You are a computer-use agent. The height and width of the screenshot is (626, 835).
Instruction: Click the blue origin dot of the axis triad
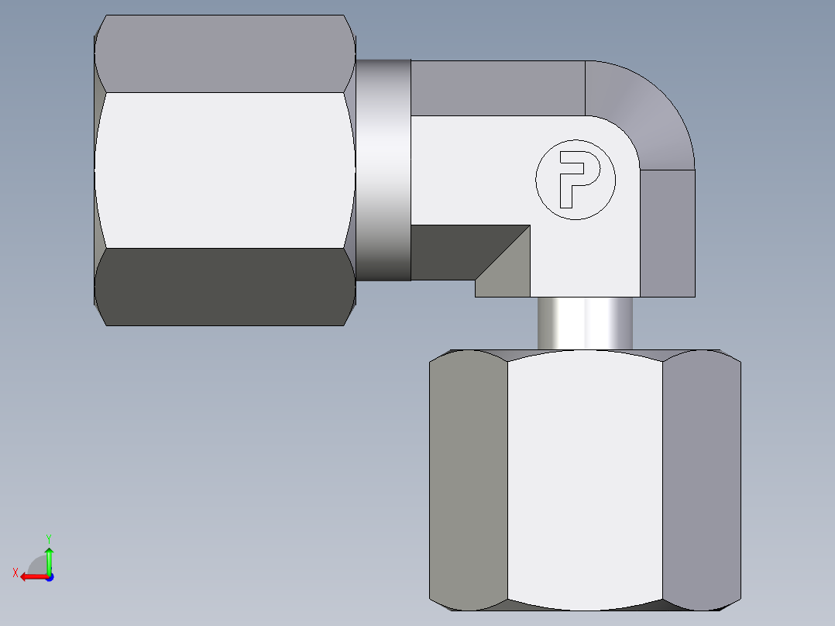tap(49, 577)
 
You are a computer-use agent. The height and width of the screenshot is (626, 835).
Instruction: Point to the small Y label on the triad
tap(48, 537)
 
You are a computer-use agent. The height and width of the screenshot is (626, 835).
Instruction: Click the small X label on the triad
tap(15, 573)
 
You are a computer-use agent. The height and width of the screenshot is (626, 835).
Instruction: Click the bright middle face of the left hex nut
tap(225, 170)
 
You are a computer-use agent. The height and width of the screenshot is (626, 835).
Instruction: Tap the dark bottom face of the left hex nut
tap(225, 287)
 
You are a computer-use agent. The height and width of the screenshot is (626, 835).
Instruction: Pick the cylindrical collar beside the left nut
tap(383, 170)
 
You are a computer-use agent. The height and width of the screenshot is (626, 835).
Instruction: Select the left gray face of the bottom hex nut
tap(469, 476)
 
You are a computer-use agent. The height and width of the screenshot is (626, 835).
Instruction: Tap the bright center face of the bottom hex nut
tap(585, 476)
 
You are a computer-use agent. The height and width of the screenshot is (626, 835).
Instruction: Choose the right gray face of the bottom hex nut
tap(701, 476)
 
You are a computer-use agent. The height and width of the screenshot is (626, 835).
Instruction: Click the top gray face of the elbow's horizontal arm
tap(496, 88)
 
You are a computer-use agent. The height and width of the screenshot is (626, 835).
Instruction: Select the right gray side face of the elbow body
tap(667, 232)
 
